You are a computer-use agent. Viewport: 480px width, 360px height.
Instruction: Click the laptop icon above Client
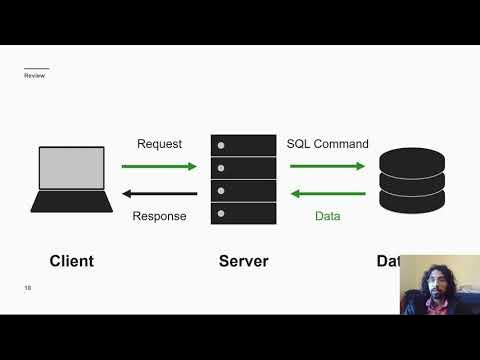71,180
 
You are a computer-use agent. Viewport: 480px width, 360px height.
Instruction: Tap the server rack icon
243,180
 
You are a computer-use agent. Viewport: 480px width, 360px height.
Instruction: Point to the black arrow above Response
159,194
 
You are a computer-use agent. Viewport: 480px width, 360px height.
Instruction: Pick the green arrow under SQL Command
327,166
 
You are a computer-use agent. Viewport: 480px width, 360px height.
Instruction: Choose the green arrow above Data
327,194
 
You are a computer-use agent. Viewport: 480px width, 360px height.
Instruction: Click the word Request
159,144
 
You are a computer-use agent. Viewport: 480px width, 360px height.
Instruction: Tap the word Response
159,216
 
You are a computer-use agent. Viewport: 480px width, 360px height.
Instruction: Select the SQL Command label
327,144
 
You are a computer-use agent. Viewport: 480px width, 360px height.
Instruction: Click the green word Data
327,216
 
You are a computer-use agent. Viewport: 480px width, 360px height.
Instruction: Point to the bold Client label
71,261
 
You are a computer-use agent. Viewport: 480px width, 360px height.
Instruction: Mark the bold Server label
243,261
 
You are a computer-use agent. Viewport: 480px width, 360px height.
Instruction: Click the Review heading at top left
34,76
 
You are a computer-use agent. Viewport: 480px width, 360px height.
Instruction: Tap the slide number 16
28,288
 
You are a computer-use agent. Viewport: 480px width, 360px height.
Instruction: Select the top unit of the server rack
243,145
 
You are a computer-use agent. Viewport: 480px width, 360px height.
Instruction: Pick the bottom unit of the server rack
243,214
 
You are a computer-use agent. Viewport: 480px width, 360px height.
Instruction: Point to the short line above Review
36,68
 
